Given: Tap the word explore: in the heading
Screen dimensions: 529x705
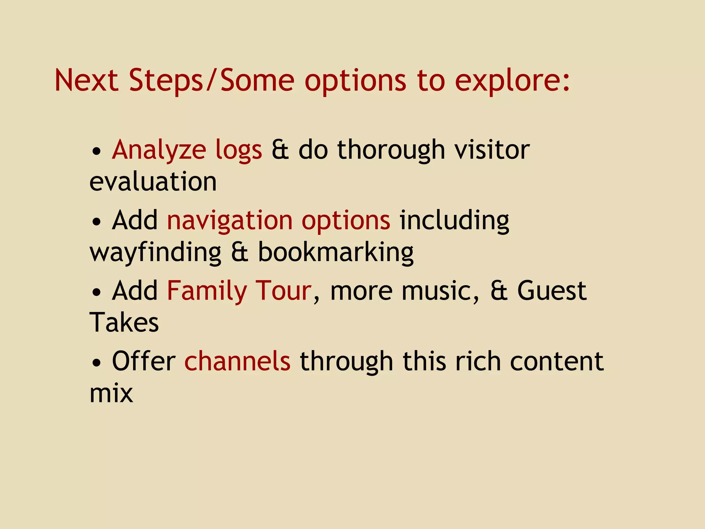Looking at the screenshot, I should [x=512, y=81].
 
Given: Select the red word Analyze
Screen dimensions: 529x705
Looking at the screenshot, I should [x=159, y=151].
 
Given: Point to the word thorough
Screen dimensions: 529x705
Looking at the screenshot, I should [x=391, y=151].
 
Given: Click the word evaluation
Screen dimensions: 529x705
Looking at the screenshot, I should [x=153, y=181].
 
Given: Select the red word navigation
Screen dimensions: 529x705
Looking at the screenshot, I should [x=230, y=221].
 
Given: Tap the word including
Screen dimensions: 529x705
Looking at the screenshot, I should [x=454, y=220].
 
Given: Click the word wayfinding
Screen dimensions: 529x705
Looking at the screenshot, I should [x=155, y=252].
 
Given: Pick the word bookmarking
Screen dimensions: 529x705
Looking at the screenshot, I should [x=336, y=252].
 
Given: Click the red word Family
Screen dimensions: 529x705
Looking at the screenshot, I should [x=207, y=291].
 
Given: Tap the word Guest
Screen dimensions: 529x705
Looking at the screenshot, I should [x=552, y=291].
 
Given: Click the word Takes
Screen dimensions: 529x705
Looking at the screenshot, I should [x=124, y=323].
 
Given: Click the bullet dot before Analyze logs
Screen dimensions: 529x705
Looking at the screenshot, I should [x=97, y=152].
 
